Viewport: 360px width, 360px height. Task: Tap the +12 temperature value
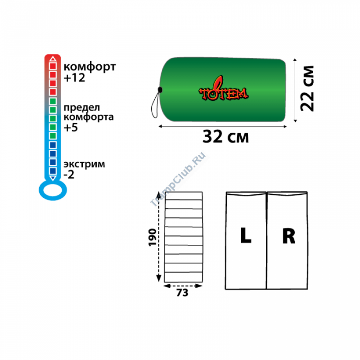[74, 78]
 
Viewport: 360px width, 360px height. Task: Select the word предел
[82, 108]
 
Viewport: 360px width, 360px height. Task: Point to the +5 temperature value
[71, 127]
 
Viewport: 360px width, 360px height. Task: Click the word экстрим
[84, 164]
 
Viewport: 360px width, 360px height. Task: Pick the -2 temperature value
[69, 175]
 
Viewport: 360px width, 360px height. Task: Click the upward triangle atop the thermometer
[53, 58]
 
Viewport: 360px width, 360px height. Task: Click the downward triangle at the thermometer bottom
[53, 178]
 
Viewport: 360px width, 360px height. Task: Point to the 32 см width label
[225, 136]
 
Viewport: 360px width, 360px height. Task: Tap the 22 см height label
[307, 89]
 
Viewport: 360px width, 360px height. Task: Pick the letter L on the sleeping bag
[246, 236]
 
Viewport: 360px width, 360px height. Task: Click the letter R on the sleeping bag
[288, 236]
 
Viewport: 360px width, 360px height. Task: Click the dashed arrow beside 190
[159, 237]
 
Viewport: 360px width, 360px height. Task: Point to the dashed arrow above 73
[182, 285]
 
